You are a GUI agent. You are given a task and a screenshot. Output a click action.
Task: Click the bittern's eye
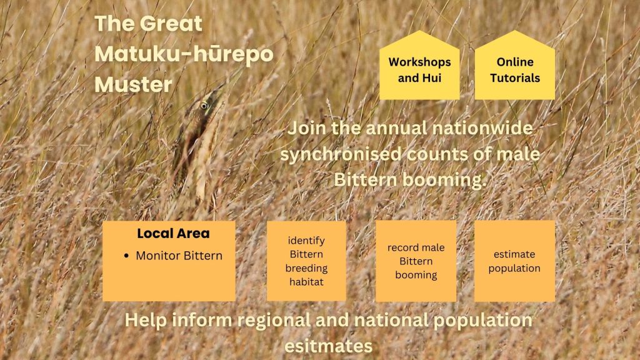(x=204, y=106)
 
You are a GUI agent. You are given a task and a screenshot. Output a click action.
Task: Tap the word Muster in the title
(x=134, y=85)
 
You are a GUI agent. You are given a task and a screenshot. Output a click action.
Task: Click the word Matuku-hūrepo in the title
(x=184, y=54)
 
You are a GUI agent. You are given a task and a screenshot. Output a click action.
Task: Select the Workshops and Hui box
(x=419, y=65)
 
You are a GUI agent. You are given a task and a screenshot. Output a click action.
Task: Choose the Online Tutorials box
(x=515, y=65)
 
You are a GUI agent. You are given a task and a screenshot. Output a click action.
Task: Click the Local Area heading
(x=174, y=234)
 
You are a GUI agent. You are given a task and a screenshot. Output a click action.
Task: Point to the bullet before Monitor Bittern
(x=126, y=256)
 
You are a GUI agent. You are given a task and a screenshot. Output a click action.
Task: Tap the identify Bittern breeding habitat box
(x=306, y=261)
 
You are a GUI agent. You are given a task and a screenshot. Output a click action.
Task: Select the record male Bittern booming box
(x=416, y=261)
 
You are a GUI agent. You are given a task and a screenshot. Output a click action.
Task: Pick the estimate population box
(x=515, y=261)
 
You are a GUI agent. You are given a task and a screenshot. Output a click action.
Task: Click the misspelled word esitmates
(x=328, y=346)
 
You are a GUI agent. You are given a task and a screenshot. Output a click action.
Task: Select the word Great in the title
(x=171, y=24)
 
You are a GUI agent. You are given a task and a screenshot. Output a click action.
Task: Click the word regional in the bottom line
(x=274, y=321)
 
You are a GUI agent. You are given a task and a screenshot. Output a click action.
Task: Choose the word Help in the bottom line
(x=145, y=321)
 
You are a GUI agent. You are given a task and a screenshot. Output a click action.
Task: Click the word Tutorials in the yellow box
(x=515, y=78)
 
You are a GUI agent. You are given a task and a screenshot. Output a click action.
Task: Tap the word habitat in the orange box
(x=306, y=282)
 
